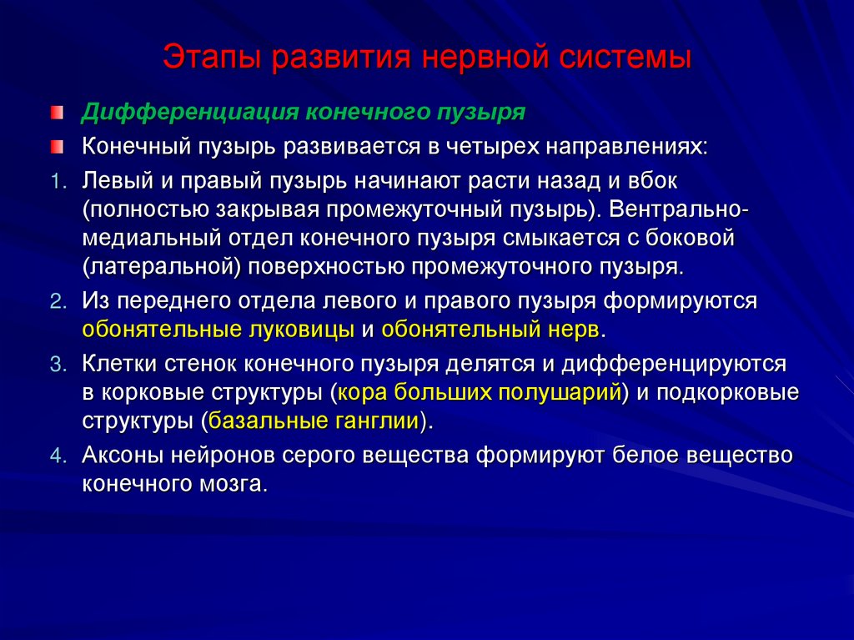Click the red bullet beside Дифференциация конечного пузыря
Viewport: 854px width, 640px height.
pyautogui.click(x=55, y=112)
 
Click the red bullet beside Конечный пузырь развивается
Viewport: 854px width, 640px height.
pyautogui.click(x=55, y=147)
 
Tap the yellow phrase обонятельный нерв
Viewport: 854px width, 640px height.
pyautogui.click(x=490, y=329)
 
